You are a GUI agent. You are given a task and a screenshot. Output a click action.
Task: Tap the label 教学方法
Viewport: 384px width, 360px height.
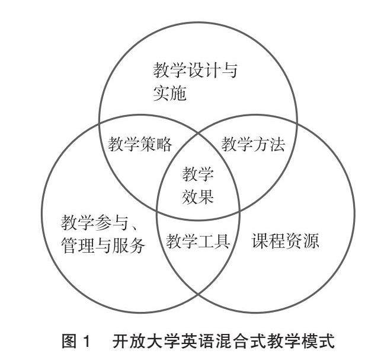tap(253, 145)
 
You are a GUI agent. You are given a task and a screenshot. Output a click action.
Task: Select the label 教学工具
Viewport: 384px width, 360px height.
tap(198, 242)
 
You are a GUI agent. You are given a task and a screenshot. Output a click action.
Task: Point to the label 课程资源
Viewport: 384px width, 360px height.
tap(286, 242)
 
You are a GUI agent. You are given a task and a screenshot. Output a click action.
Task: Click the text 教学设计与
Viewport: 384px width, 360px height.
tap(196, 72)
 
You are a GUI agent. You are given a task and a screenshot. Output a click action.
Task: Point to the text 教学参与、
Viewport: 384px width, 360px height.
tap(98, 224)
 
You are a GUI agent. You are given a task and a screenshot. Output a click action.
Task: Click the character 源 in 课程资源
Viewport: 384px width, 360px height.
tap(311, 242)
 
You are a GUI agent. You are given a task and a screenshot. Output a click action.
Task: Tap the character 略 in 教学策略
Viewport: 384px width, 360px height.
tap(165, 145)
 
